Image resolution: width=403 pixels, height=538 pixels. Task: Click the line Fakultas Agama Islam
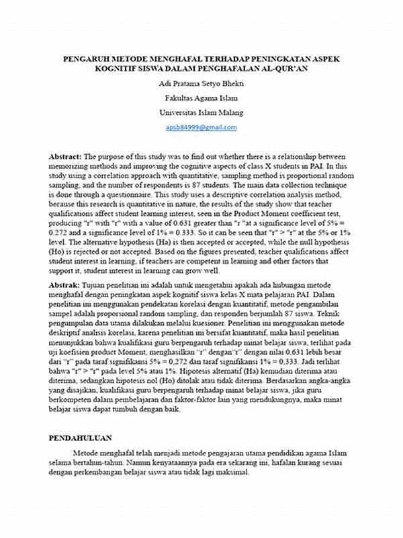[x=201, y=98]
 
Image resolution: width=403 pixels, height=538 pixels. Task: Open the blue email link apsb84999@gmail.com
[x=201, y=127]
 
